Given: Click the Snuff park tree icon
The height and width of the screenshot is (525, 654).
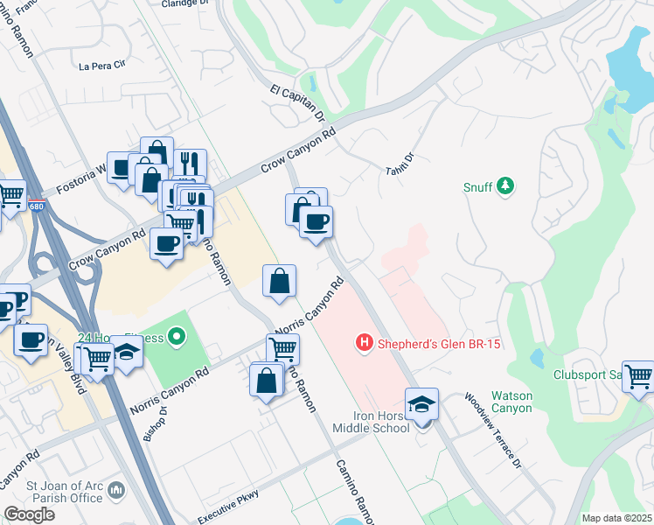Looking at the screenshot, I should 504,185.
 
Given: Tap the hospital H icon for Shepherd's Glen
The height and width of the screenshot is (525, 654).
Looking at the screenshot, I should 365,343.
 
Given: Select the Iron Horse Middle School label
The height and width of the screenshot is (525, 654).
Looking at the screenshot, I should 371,421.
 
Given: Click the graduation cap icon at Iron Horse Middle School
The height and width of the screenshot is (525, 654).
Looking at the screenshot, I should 422,404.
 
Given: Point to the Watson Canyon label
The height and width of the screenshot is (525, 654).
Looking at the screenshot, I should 511,402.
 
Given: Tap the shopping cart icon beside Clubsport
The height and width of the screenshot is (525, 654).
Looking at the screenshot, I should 639,376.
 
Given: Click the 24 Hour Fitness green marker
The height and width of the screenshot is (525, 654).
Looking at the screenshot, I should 177,336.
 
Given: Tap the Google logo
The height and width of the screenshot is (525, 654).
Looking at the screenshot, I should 29,514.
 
